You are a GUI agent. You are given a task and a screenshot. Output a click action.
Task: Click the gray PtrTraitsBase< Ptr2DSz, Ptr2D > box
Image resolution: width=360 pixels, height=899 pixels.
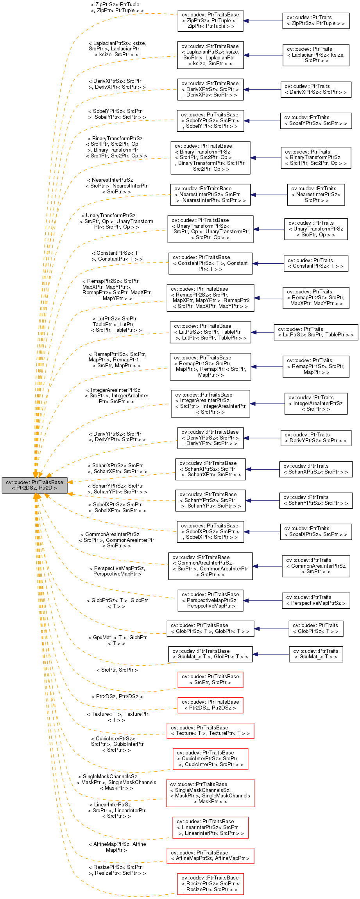[x=34, y=485]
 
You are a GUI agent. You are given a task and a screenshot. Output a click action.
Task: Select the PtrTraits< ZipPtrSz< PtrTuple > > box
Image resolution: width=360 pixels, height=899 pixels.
[x=316, y=21]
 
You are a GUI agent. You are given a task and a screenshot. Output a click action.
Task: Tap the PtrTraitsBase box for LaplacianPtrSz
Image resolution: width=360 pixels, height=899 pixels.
[x=210, y=55]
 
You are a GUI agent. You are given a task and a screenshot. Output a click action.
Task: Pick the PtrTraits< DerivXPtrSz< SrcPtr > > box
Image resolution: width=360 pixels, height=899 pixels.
[x=316, y=89]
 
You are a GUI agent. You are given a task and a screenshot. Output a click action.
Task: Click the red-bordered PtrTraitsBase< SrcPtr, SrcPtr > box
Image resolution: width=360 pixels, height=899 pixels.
[x=210, y=679]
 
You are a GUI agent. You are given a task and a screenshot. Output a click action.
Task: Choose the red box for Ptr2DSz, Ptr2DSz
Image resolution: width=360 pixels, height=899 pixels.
[x=210, y=705]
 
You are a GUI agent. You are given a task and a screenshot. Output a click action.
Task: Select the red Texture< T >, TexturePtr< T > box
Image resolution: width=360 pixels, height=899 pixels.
[x=210, y=731]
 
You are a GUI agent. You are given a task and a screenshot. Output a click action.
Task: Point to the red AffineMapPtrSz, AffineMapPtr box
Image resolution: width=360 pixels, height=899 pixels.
[x=210, y=856]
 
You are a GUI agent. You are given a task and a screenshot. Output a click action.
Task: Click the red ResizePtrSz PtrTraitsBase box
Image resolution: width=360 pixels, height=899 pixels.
[x=210, y=884]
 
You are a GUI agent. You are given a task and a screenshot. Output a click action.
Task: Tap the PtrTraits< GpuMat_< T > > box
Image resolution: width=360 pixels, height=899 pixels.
[x=316, y=654]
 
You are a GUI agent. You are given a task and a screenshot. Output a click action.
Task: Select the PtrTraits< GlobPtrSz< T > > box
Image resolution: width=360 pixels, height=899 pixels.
[x=316, y=628]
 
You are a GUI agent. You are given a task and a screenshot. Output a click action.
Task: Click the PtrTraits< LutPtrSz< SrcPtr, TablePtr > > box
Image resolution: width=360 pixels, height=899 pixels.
[x=316, y=332]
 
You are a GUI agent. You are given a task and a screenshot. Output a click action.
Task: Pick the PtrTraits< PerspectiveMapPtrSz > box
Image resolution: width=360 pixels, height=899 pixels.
[x=316, y=600]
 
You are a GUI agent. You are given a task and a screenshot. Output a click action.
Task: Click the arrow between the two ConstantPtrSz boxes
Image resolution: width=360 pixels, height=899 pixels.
[x=268, y=264]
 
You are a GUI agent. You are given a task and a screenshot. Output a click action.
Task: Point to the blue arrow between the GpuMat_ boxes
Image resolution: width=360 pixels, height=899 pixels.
[x=270, y=654]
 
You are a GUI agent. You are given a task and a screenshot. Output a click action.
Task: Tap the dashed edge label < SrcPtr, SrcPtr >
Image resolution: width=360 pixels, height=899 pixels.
[x=117, y=670]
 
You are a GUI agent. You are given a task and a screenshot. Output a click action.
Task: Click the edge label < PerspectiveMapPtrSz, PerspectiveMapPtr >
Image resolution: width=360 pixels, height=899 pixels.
[x=117, y=571]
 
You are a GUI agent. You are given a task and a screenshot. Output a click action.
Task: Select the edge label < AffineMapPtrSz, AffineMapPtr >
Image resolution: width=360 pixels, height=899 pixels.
[x=117, y=847]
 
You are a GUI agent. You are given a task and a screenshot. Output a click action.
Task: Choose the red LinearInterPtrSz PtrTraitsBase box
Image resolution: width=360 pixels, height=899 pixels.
[x=210, y=828]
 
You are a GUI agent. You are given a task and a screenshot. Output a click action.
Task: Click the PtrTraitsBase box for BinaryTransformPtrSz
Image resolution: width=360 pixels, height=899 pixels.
[x=210, y=158]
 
